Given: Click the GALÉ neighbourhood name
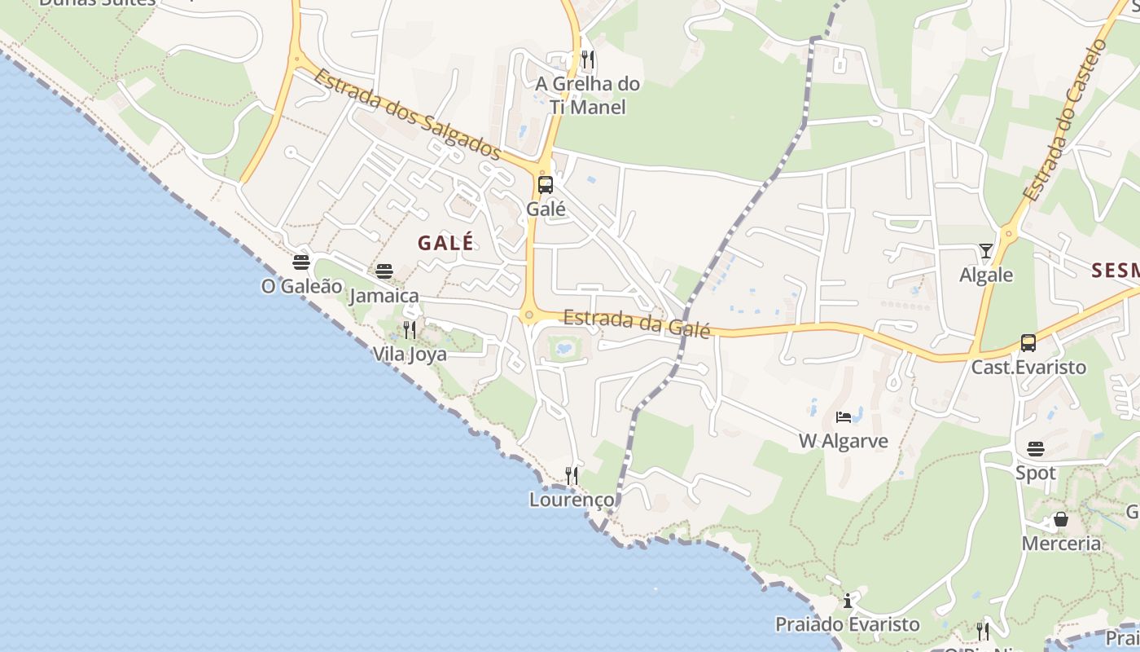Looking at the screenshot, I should tap(445, 243).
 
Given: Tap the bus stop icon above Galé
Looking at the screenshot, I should tap(546, 185).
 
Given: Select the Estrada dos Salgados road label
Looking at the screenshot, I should tap(406, 113).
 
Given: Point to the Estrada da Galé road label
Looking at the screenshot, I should tap(637, 322).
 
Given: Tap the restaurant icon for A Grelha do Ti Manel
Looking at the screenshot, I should tap(588, 59).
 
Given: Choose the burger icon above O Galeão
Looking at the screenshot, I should tap(301, 262).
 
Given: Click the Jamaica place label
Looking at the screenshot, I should tap(384, 296).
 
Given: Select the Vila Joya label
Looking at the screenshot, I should tap(410, 354).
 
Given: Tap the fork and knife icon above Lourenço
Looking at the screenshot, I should tap(572, 475).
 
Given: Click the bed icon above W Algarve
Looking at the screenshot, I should tap(844, 417).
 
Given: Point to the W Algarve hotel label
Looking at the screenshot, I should tap(843, 441).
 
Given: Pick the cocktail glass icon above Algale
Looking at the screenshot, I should tap(986, 251).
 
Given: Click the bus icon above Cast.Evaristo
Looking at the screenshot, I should tap(1028, 343).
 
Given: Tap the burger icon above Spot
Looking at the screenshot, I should tap(1036, 449).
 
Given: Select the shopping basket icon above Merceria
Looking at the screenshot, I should tap(1061, 519).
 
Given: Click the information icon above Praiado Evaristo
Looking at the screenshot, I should tap(848, 601).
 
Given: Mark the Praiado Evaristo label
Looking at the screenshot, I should tap(847, 624).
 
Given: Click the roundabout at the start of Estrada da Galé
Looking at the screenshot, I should tap(530, 315).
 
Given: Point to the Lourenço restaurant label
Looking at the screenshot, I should tap(572, 499).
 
